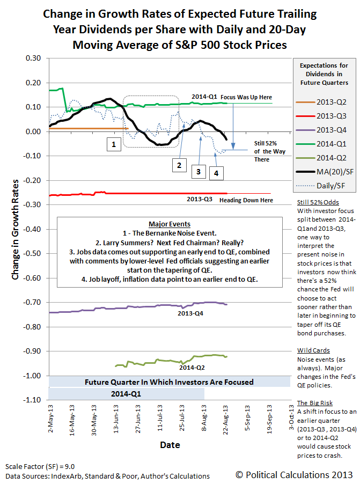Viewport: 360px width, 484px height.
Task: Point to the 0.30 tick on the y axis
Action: point(33,58)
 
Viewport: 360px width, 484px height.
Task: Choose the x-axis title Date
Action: point(170,445)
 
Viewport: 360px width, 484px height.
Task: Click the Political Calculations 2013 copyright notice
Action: point(294,474)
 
